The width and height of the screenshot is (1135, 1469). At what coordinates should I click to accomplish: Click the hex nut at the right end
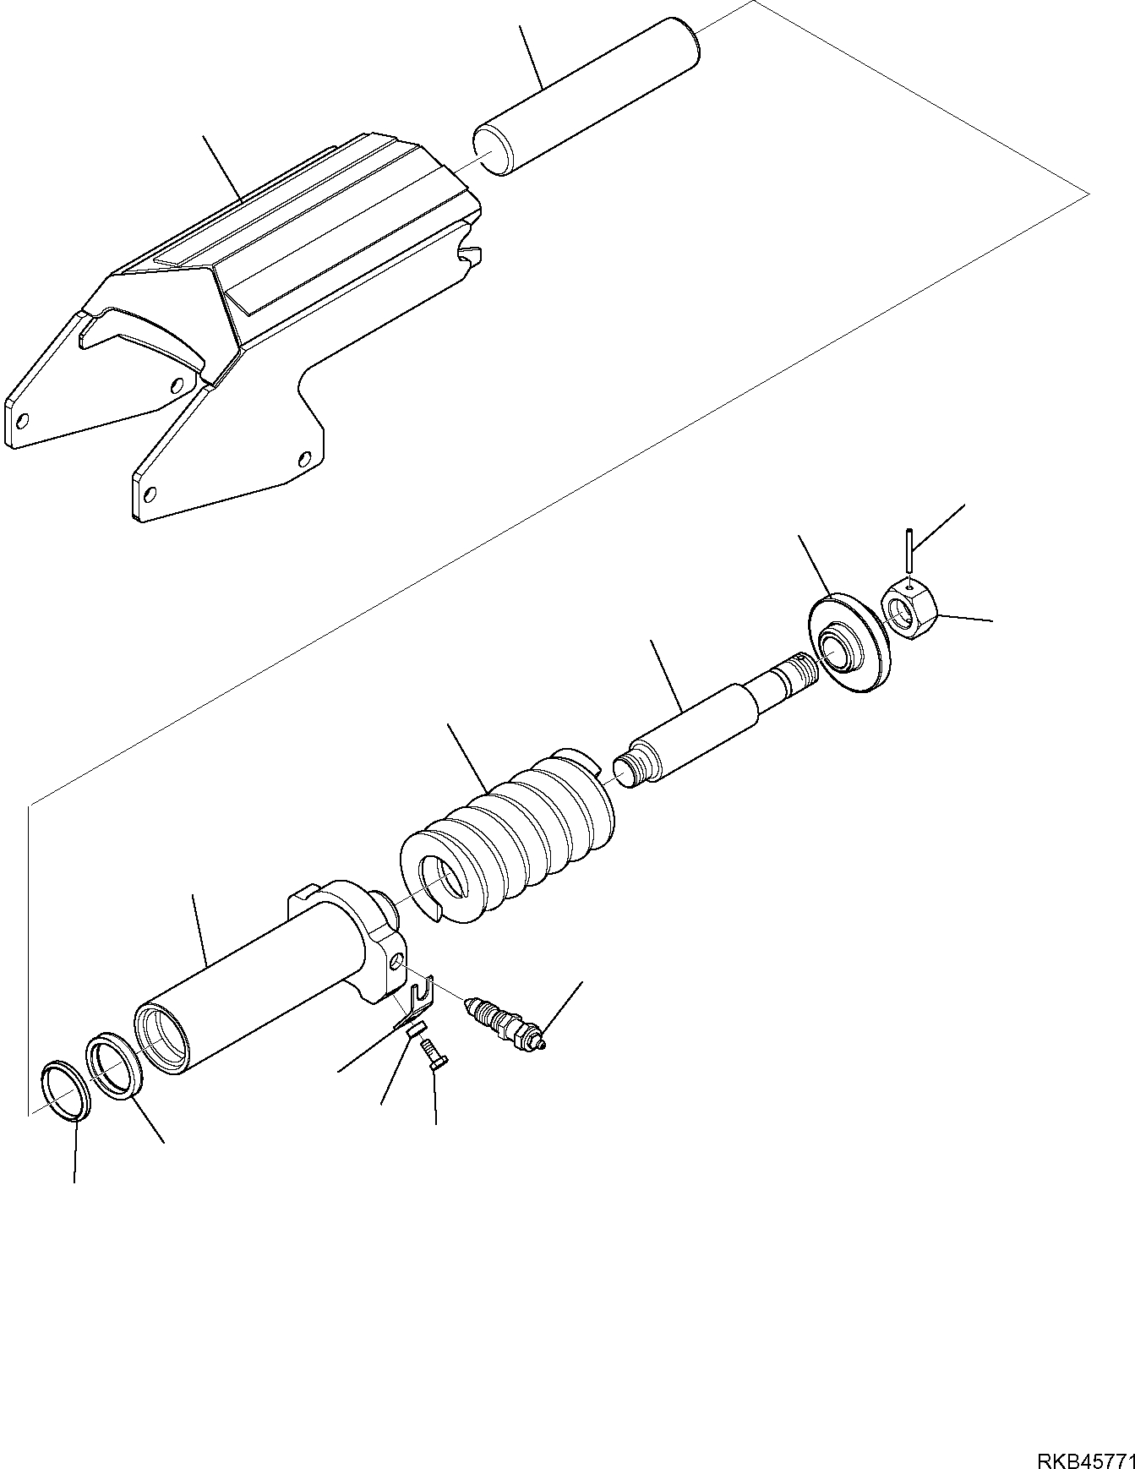tap(909, 614)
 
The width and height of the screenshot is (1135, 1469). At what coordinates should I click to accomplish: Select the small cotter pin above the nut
tap(905, 549)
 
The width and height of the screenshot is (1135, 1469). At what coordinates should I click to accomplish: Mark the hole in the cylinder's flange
tap(394, 962)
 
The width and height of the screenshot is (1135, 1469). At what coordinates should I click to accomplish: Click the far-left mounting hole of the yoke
tap(24, 420)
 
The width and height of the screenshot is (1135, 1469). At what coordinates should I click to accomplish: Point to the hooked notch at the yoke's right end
tap(467, 252)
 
